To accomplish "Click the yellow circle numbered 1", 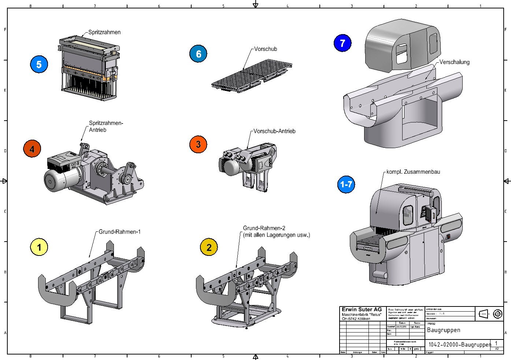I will (x=39, y=247).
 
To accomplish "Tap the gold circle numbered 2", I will (x=209, y=247).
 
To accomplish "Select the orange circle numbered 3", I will (x=198, y=144).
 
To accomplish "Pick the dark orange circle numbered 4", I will (x=32, y=149).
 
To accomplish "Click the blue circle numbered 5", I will (x=39, y=65).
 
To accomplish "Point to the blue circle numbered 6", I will (x=198, y=54).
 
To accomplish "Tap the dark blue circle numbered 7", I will (x=342, y=43).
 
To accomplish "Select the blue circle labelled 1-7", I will (x=346, y=184).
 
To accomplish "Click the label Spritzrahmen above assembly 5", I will (x=104, y=32).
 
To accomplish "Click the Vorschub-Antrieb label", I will (x=274, y=131).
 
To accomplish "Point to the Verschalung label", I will (x=454, y=62).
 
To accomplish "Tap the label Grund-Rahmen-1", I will (x=119, y=232).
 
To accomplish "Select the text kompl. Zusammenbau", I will (x=413, y=172).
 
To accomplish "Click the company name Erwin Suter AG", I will (x=362, y=309).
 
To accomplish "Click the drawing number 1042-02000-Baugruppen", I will (x=459, y=345).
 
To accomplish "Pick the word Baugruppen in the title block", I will (x=443, y=330).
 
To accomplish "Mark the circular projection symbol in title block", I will (x=497, y=314).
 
